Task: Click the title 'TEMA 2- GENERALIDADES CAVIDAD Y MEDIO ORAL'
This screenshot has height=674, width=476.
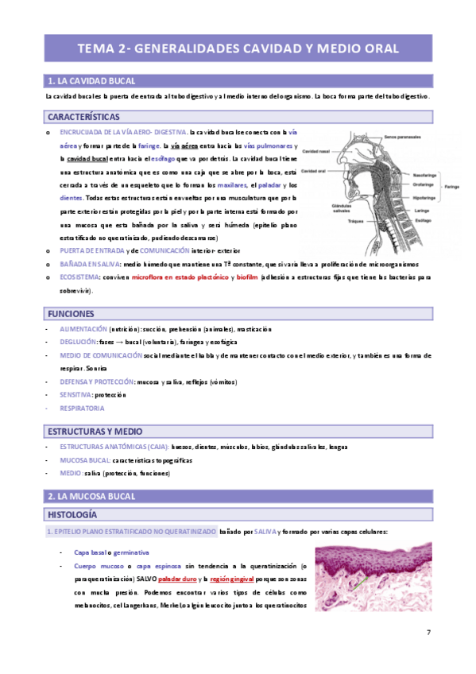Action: click(238, 48)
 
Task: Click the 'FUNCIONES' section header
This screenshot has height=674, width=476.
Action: click(71, 314)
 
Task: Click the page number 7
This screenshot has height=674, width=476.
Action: click(428, 632)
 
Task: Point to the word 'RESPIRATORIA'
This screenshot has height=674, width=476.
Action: click(82, 409)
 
